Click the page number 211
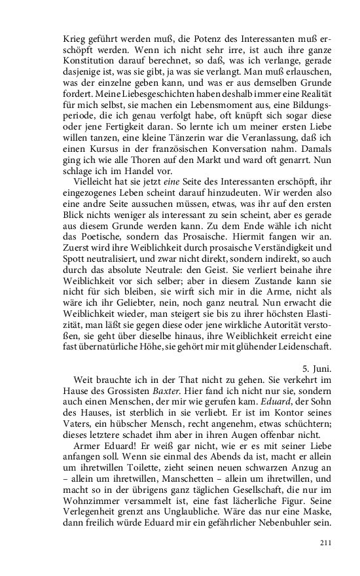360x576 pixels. point(326,542)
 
